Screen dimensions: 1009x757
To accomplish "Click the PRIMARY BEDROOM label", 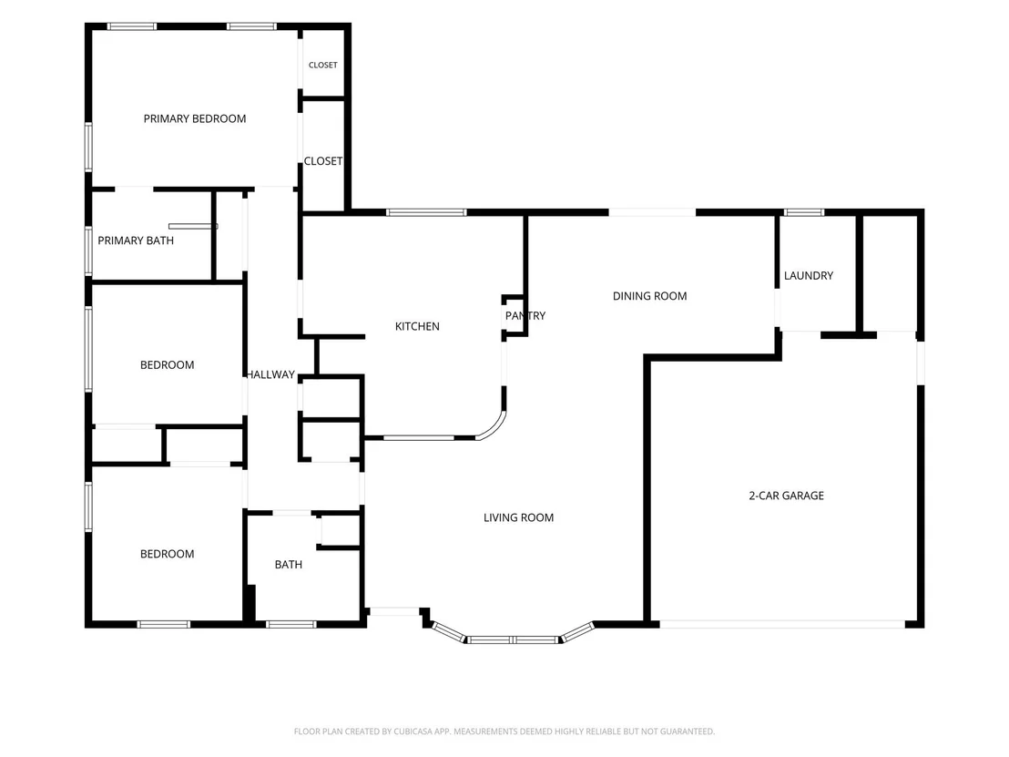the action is (x=194, y=119).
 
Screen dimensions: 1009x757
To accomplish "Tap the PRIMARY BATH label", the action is (x=136, y=240).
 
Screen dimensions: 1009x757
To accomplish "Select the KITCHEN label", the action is (x=417, y=326).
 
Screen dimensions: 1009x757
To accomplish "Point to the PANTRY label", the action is (x=525, y=315).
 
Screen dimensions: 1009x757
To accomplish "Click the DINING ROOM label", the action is (x=649, y=296).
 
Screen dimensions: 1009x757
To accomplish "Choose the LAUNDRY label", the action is (x=809, y=275).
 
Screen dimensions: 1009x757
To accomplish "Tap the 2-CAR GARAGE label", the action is (x=787, y=496).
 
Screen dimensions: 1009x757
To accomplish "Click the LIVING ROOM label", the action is (x=518, y=517).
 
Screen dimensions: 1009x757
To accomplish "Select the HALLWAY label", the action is (x=270, y=374).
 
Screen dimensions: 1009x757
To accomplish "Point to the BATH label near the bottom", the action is (x=289, y=565).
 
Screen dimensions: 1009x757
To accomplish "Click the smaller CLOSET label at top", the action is (x=323, y=65).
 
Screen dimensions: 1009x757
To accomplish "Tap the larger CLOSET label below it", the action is (x=323, y=161).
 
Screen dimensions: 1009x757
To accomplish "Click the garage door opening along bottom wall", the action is (x=782, y=624).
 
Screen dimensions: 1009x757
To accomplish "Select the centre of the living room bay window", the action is (x=513, y=639).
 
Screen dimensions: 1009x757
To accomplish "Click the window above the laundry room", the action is (x=804, y=212).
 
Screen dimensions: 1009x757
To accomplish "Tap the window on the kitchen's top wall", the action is (x=426, y=212).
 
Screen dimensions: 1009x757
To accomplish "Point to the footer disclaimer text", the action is (x=504, y=731).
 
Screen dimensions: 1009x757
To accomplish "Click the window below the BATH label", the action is (x=291, y=624).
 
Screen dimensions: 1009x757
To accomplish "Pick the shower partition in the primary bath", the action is (x=193, y=227).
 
